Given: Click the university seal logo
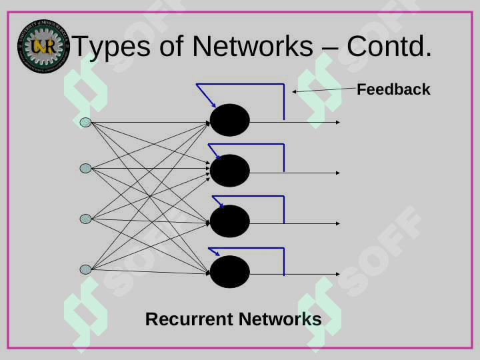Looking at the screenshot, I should (x=43, y=46).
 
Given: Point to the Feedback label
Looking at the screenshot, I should (x=393, y=89).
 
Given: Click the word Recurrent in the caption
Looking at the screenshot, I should (x=189, y=319).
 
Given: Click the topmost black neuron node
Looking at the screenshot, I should (x=230, y=121).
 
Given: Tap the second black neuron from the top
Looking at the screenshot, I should (x=230, y=171).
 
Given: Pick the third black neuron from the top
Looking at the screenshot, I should (x=230, y=221).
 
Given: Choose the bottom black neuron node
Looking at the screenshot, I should (x=230, y=272).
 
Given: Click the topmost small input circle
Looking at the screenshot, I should (x=85, y=122).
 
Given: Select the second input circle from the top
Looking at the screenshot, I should (x=85, y=169).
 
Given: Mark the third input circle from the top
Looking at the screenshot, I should (x=85, y=219).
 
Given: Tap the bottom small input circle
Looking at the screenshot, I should (x=85, y=269).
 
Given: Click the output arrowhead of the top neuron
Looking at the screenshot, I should (x=337, y=122).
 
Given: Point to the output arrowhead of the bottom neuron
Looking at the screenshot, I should (x=337, y=274).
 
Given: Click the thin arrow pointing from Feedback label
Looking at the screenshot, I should (x=323, y=89).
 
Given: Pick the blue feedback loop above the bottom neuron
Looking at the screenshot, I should (x=247, y=249).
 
